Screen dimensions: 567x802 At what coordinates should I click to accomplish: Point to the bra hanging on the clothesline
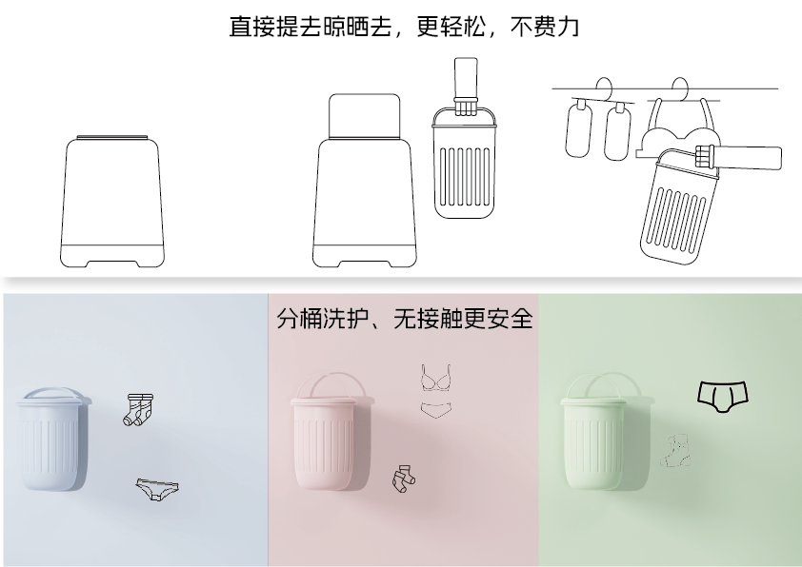click(x=681, y=127)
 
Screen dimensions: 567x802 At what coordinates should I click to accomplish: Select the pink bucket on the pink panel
click(x=327, y=442)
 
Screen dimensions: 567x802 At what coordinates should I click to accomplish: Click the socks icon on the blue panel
click(x=138, y=409)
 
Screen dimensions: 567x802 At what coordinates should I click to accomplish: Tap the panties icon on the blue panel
click(x=157, y=489)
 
